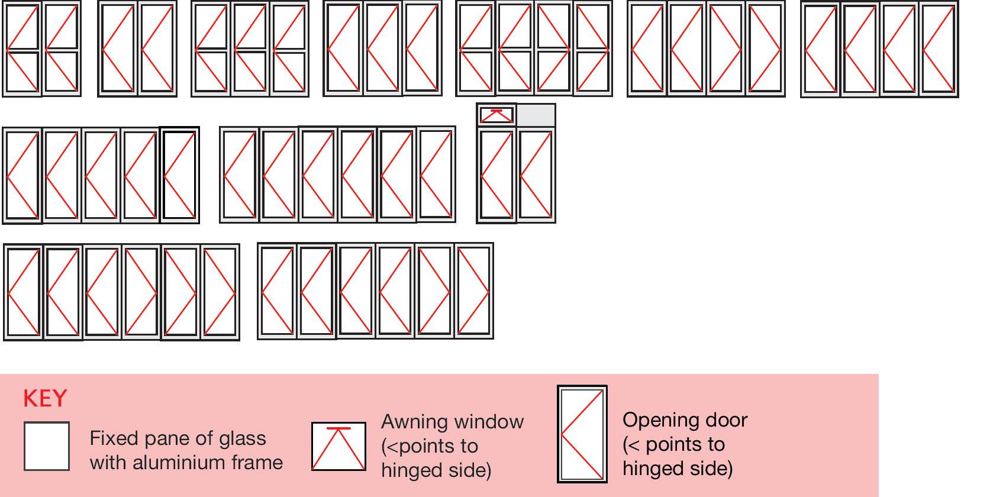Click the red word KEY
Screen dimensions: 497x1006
coord(45,399)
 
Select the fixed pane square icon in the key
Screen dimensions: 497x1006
coord(47,446)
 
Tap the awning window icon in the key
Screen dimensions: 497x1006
coord(338,447)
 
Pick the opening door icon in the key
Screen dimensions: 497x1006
coord(582,434)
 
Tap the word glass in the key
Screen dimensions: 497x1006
coord(243,438)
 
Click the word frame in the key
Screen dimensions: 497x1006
coord(257,462)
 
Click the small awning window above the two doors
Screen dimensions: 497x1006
coord(496,115)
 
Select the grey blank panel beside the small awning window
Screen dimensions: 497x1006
coord(536,115)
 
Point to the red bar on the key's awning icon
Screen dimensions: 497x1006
coord(338,428)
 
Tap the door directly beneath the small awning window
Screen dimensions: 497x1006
coord(496,175)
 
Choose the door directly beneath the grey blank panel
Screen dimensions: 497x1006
coord(536,175)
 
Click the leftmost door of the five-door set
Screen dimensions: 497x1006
coord(22,176)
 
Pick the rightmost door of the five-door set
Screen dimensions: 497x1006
coord(179,176)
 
